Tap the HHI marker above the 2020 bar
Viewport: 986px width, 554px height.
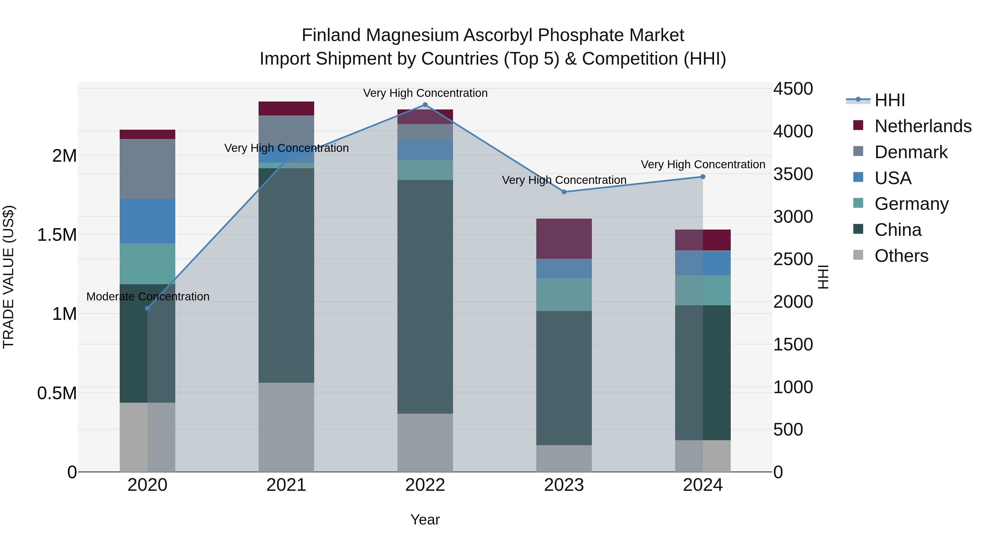click(x=148, y=309)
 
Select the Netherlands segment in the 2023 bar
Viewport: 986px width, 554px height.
click(x=564, y=239)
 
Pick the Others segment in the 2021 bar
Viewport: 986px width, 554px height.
click(x=286, y=427)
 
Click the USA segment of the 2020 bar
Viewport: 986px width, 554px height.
click(x=147, y=221)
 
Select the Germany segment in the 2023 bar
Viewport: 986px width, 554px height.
click(x=564, y=294)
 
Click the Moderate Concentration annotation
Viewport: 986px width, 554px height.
click(x=148, y=296)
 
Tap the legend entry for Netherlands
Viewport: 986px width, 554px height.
click(x=922, y=126)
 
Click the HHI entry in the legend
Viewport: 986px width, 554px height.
click(x=890, y=100)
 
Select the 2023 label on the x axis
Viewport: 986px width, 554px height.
click(x=564, y=485)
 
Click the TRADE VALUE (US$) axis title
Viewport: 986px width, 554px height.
click(x=8, y=277)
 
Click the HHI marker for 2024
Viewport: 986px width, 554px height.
click(x=703, y=177)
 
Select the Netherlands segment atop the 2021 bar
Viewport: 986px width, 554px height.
click(x=286, y=109)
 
